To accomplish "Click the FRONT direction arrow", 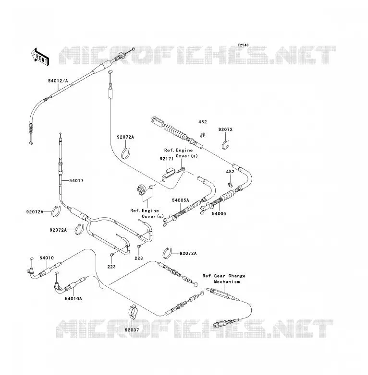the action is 40,57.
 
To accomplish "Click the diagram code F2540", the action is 243,45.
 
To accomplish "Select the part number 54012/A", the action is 58,81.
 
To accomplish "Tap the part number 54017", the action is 76,181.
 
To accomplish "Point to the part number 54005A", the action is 181,200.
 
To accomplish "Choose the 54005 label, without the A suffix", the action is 219,213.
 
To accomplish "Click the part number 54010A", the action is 74,298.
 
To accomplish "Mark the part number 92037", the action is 132,330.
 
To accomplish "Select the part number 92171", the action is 167,159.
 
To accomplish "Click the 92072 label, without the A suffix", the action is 225,129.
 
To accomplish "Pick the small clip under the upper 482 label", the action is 203,135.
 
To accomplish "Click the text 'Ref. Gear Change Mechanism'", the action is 224,279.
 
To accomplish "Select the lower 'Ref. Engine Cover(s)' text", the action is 147,213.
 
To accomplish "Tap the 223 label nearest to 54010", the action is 111,267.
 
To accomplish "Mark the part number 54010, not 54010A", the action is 47,258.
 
